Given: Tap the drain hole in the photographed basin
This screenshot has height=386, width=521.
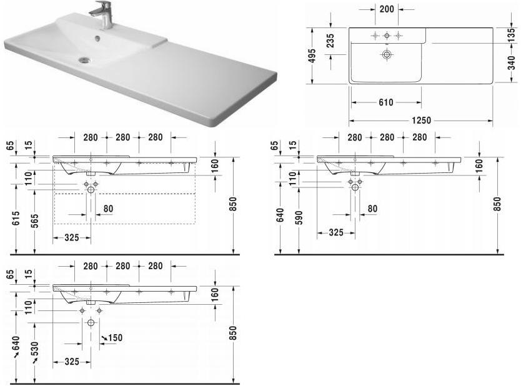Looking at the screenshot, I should (x=84, y=60).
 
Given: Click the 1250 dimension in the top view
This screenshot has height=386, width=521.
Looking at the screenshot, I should (x=421, y=120).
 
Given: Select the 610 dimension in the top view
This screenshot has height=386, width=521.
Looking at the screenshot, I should (x=385, y=102).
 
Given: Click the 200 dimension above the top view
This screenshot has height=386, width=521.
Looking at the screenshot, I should (x=385, y=10).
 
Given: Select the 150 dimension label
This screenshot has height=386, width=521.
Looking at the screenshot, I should (x=115, y=338).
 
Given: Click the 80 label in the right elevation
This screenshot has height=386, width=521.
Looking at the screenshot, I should (x=373, y=209).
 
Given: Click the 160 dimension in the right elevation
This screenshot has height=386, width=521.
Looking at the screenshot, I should (x=479, y=166).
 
